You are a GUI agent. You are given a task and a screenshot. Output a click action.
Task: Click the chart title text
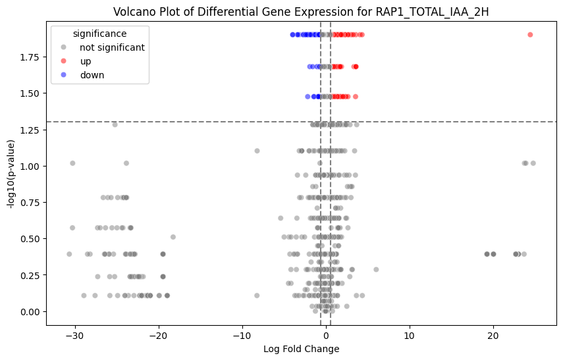coord(301,12)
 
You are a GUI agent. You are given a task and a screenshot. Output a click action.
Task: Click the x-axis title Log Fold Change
coord(301,349)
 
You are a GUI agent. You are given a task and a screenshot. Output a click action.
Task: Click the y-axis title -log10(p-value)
coord(11,171)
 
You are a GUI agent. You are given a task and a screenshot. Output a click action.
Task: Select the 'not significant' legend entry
coord(112,47)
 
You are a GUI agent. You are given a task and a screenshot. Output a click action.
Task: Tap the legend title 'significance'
coord(100,33)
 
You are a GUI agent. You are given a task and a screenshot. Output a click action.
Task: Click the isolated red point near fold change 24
coord(530,35)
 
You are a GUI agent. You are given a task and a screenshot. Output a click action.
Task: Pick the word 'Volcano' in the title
coord(132,12)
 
